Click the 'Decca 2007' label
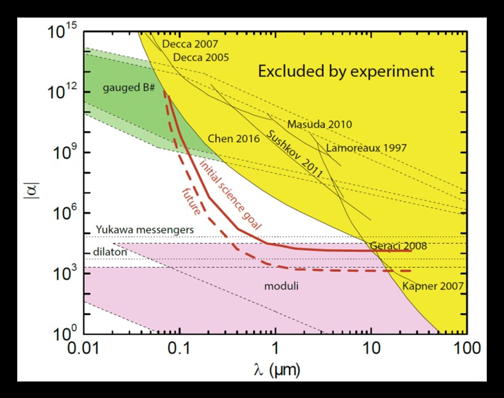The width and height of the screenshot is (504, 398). coord(190,44)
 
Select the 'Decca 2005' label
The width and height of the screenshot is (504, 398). coord(201,58)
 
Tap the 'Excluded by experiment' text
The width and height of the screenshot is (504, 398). coord(346,72)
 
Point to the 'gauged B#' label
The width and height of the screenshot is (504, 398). coord(128,88)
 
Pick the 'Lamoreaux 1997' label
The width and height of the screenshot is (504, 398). coord(366,148)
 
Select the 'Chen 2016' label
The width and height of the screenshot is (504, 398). coord(234,139)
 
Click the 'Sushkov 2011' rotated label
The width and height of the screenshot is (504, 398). coord(295,154)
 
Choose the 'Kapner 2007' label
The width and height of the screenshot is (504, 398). coord(433,286)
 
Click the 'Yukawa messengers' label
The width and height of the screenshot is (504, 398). coord(144,229)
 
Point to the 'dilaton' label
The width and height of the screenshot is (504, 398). coord(108,251)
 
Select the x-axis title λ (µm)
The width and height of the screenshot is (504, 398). coord(275,372)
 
